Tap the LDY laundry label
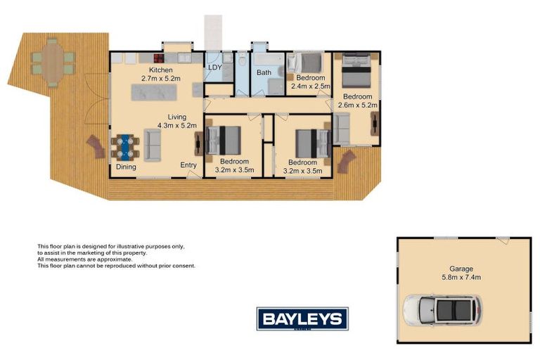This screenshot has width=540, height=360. click(x=214, y=67)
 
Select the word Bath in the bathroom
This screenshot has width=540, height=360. click(x=264, y=72)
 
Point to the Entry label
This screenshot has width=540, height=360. click(x=188, y=165)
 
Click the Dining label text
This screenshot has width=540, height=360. click(x=126, y=167)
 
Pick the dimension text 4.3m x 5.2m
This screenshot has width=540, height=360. click(x=176, y=125)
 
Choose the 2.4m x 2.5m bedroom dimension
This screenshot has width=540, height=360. click(x=310, y=85)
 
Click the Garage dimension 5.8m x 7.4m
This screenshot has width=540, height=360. click(x=463, y=277)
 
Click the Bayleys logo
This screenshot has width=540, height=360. click(x=302, y=319)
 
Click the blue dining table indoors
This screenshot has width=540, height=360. click(x=124, y=146)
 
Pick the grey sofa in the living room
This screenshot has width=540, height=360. click(x=153, y=144)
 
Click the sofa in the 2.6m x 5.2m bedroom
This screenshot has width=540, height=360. click(x=341, y=128)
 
